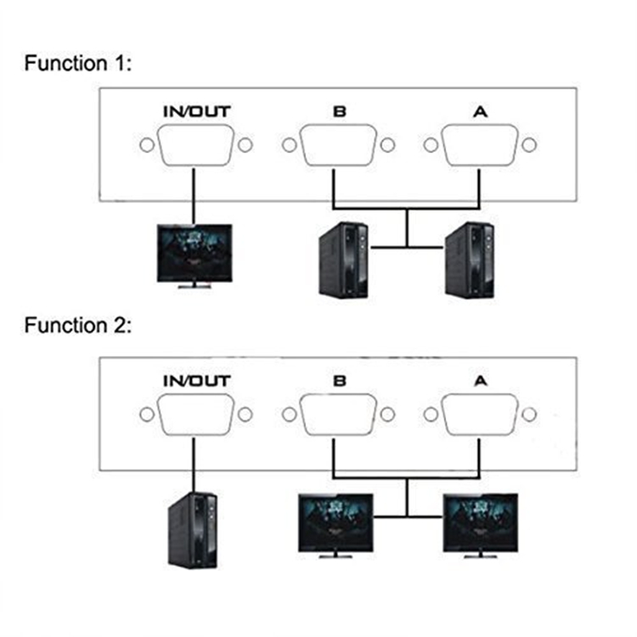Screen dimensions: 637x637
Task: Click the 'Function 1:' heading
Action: tap(78, 63)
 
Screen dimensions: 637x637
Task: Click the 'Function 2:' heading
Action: tap(78, 326)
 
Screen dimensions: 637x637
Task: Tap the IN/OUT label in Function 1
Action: tap(196, 111)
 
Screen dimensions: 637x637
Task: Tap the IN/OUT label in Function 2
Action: tap(196, 381)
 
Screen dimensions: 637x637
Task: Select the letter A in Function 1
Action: tap(482, 111)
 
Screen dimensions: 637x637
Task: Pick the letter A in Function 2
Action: tap(482, 381)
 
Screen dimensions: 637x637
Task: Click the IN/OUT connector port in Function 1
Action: tap(196, 146)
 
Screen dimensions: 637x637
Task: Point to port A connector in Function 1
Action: tap(482, 146)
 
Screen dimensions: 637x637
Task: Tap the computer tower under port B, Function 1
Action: tap(343, 260)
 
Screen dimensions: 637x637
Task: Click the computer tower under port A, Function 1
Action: tap(469, 260)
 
